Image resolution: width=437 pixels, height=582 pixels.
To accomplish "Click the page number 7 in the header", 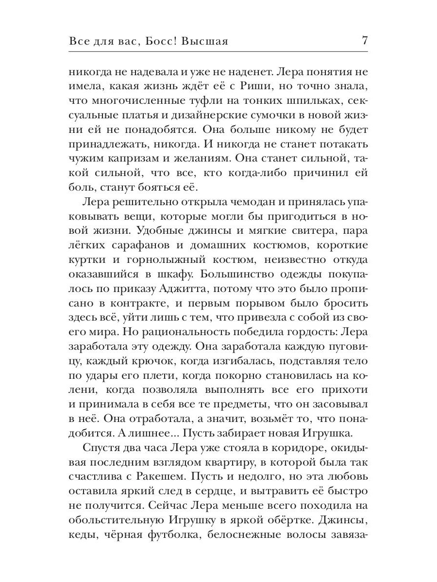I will click(x=364, y=41).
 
